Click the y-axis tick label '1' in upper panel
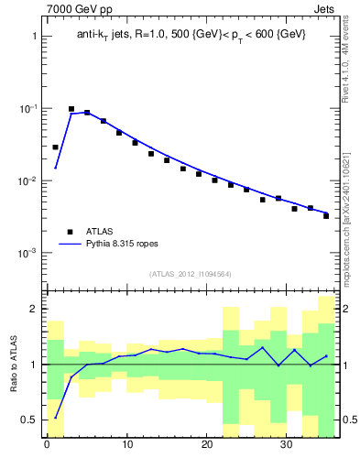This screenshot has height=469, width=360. point(34,37)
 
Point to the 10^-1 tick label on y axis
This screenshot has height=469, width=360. point(29,108)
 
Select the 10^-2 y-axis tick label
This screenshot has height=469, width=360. point(29,180)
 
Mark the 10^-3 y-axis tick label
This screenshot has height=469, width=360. point(29,253)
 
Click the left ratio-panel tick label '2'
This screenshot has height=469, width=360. point(34,310)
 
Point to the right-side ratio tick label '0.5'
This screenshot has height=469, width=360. point(349,420)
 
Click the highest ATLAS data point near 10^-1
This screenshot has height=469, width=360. point(71,109)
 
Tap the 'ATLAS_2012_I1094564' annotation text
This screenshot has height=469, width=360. point(191,274)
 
